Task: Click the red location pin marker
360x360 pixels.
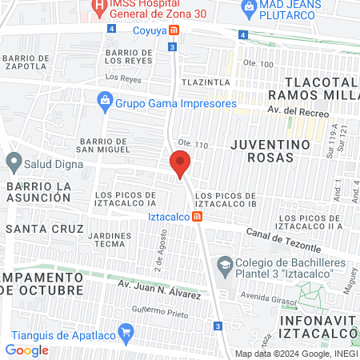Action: coord(180,164)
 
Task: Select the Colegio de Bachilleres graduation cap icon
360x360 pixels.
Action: coord(227,263)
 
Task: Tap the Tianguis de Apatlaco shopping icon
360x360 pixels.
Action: coord(125,331)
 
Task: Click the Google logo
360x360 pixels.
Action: coord(26,350)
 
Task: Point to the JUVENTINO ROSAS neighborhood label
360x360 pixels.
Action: coord(270,151)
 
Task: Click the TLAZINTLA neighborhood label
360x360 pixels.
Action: coord(206,82)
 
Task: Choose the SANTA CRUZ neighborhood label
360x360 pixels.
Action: coord(44,229)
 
